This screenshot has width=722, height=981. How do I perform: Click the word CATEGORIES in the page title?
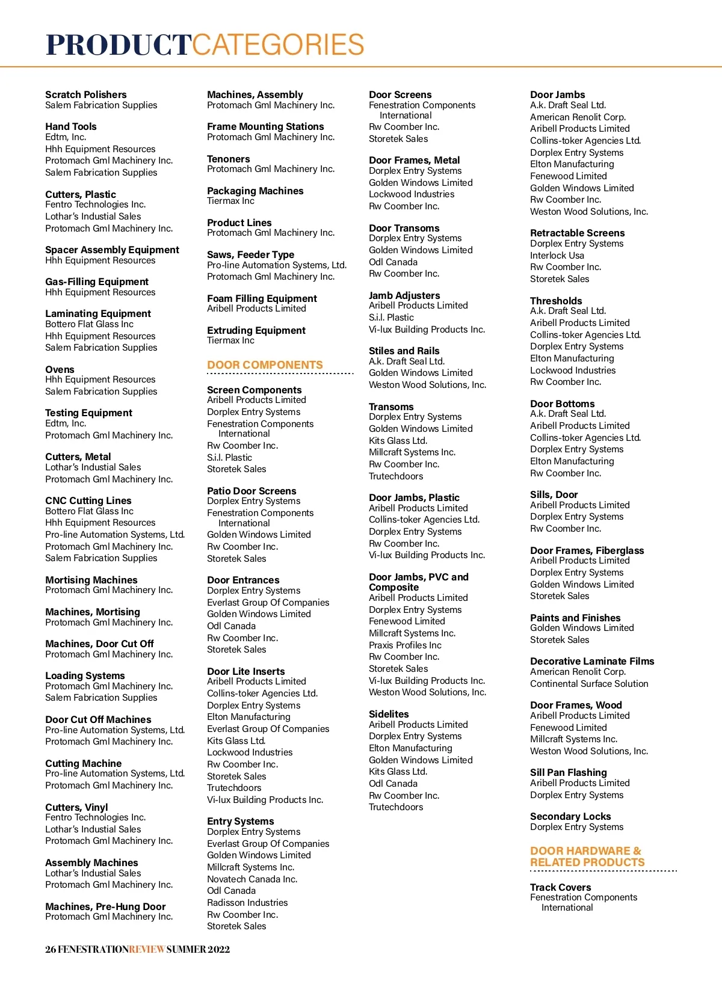(279, 45)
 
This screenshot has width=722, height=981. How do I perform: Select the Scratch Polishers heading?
(86, 94)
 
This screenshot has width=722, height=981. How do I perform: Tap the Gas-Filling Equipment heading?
(97, 281)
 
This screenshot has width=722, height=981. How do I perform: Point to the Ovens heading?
(60, 369)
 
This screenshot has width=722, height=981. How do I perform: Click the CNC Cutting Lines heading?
(88, 500)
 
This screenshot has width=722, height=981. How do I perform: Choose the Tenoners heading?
(229, 159)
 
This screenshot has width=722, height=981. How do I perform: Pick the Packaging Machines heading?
(255, 191)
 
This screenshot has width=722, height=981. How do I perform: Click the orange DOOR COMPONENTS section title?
(265, 365)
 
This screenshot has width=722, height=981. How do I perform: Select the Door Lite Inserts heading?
(246, 671)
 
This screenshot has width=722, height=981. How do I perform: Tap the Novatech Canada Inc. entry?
(252, 879)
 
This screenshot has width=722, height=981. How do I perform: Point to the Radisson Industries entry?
(247, 902)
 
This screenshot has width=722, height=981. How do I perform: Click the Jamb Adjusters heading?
(404, 295)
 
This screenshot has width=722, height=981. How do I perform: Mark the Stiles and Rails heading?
(404, 351)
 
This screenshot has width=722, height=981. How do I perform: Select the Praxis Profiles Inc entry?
(405, 645)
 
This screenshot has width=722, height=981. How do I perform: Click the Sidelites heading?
(389, 714)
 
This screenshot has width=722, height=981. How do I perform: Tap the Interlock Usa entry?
(557, 255)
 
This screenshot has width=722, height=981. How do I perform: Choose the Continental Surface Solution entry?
(589, 683)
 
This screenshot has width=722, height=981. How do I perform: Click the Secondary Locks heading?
(570, 816)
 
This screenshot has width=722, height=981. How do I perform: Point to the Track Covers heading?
(561, 887)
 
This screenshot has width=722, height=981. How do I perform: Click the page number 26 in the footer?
(51, 949)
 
